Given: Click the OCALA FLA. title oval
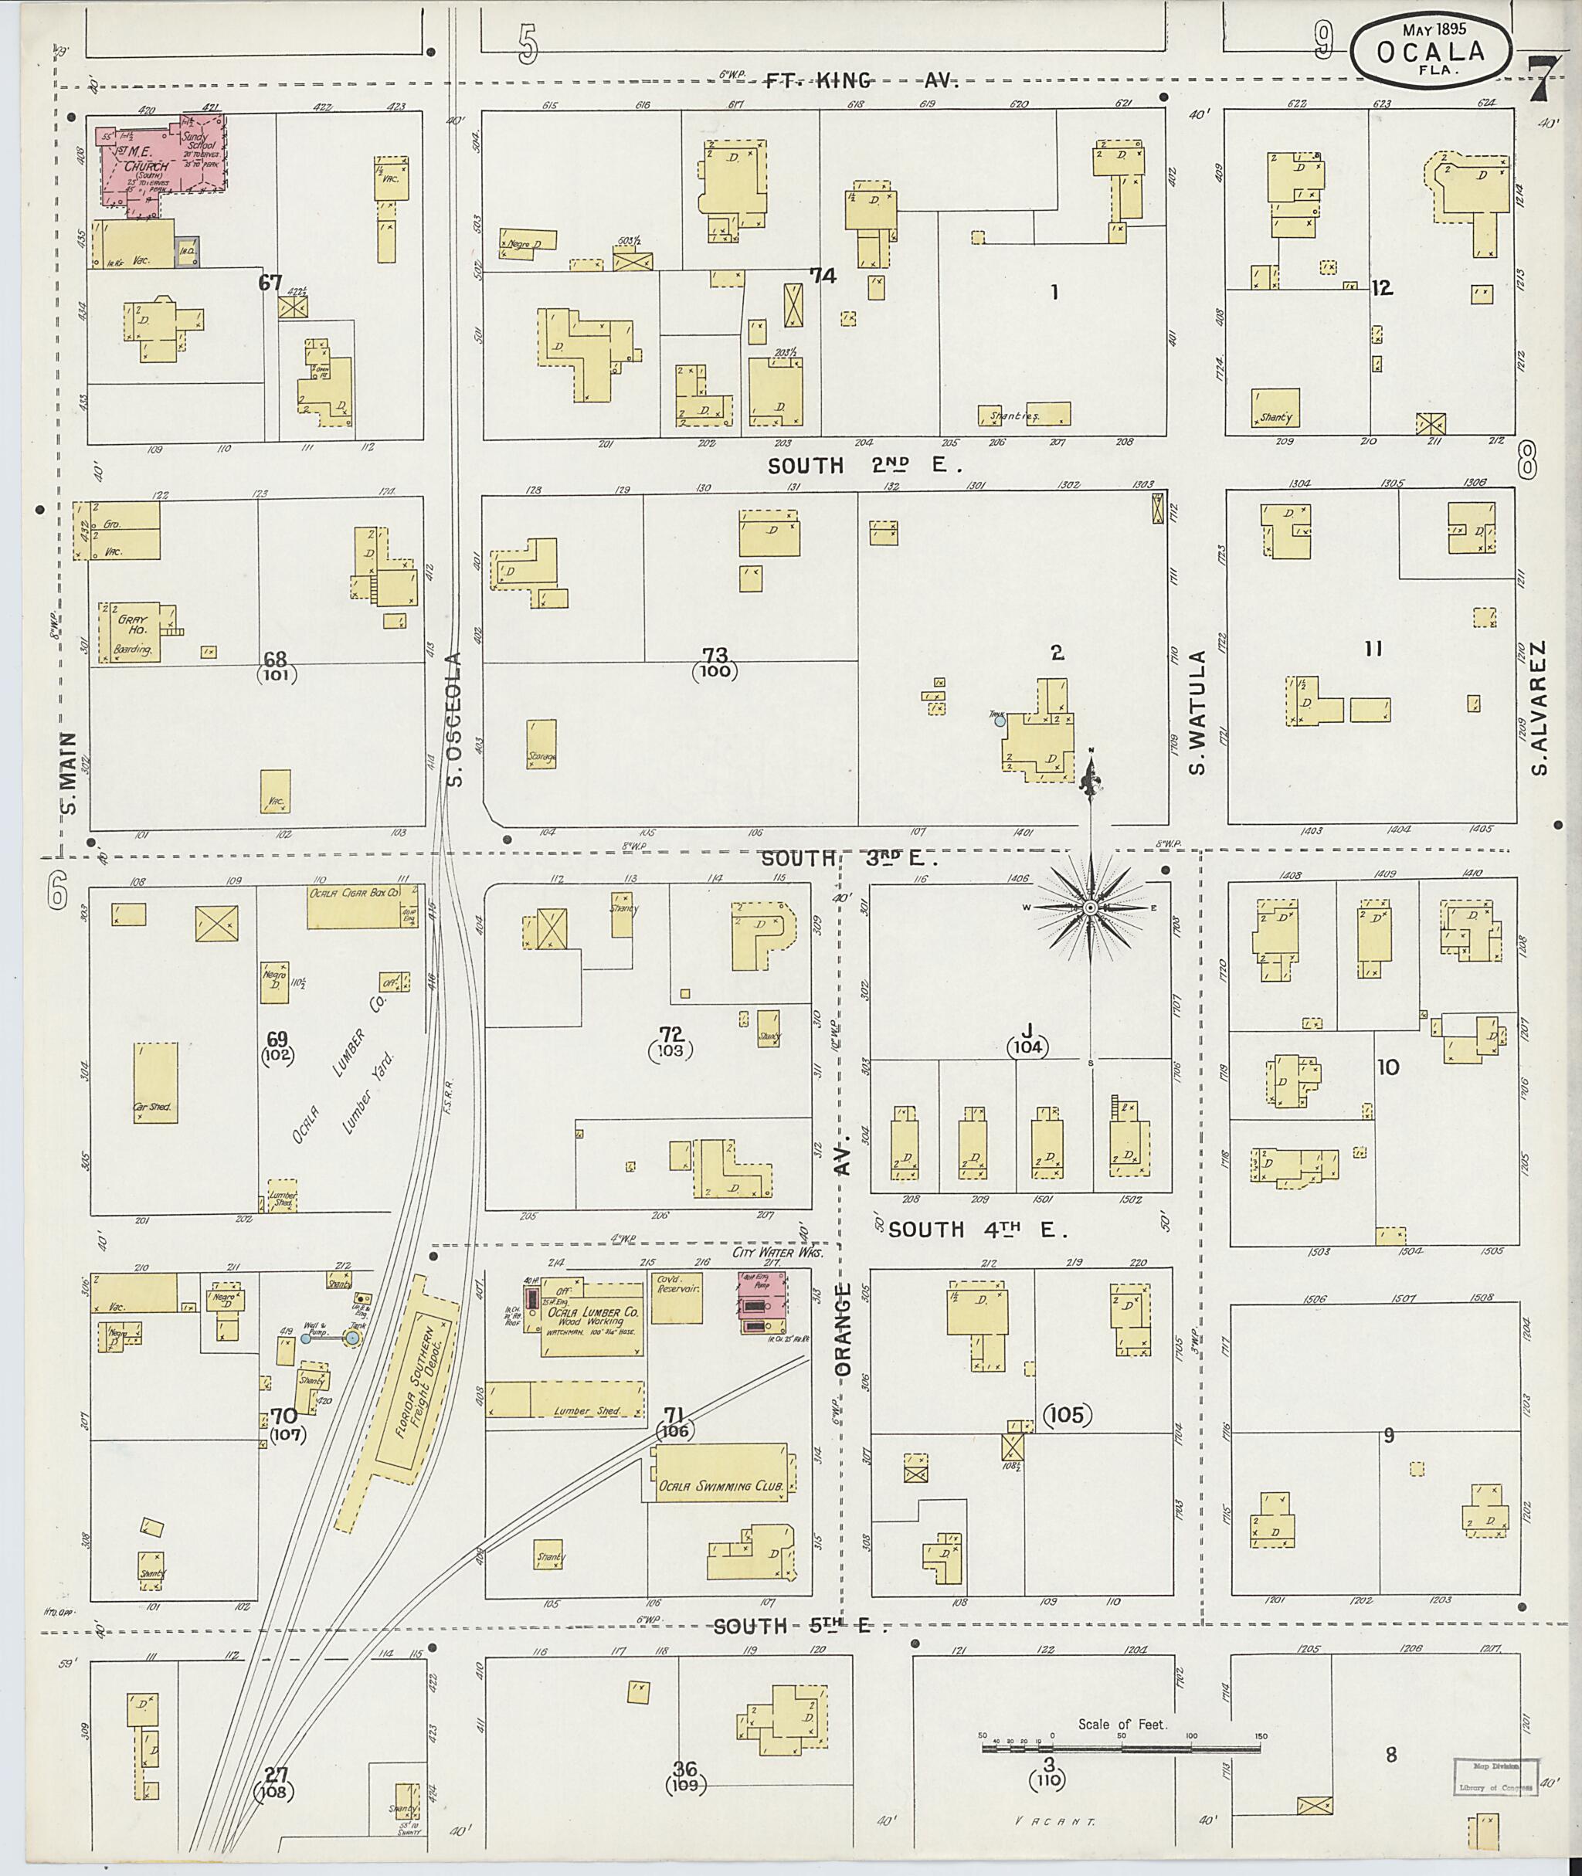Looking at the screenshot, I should pyautogui.click(x=1430, y=51).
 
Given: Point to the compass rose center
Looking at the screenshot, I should pyautogui.click(x=1091, y=908).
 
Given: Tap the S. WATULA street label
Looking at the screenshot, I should pyautogui.click(x=1199, y=712).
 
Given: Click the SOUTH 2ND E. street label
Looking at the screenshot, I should pyautogui.click(x=864, y=466).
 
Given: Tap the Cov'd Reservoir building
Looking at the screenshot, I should pyautogui.click(x=676, y=1296).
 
